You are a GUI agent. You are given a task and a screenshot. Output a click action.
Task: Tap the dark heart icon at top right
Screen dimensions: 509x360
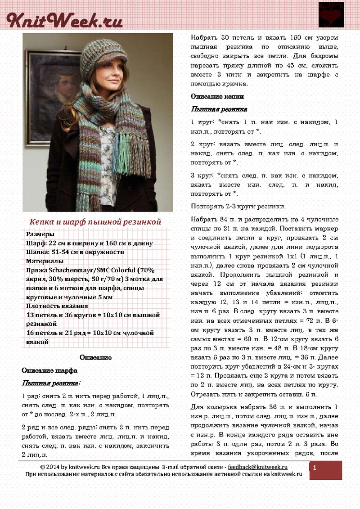coord(331,15)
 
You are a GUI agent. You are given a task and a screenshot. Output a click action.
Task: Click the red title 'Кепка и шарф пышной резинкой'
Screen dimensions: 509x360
coord(95,222)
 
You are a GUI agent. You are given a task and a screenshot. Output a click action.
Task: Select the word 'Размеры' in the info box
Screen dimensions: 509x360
coord(40,234)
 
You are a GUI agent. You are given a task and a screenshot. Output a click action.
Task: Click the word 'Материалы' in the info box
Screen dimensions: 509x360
coord(45,261)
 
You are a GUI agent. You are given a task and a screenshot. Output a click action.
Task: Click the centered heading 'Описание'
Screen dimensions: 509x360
coord(95,357)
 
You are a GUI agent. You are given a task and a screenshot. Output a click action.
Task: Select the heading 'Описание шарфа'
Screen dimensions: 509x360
coord(49,370)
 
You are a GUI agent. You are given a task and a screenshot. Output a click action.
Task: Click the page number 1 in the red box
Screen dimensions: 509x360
coord(315,468)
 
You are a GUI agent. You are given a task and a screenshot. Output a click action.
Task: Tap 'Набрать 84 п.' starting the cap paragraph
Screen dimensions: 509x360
coord(213,219)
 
